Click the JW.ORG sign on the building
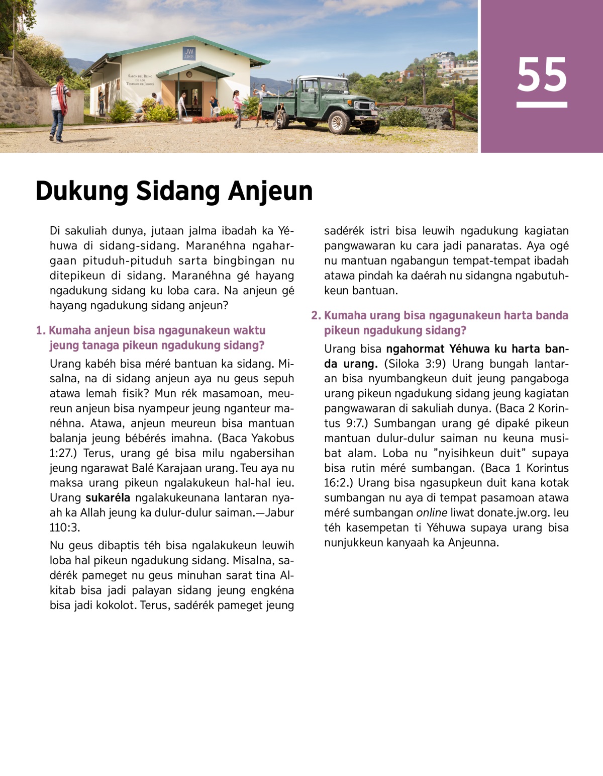(x=189, y=54)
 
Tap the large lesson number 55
(x=542, y=75)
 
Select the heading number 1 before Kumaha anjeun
(x=40, y=330)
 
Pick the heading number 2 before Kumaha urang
(x=315, y=315)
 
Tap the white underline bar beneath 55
(x=542, y=105)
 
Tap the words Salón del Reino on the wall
(x=140, y=76)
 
